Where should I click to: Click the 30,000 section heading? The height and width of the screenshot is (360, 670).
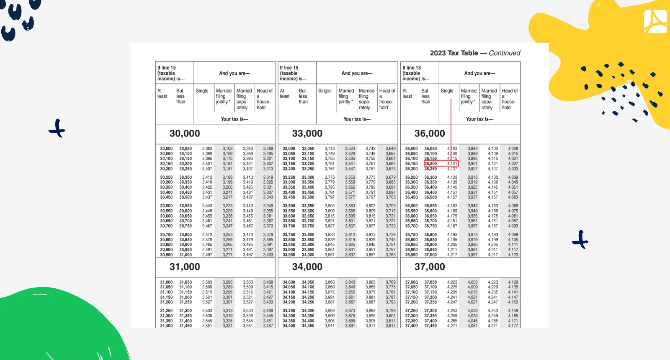pyautogui.click(x=185, y=134)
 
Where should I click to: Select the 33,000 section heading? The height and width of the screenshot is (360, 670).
pyautogui.click(x=307, y=134)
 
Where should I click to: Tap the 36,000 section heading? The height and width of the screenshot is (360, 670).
pyautogui.click(x=430, y=134)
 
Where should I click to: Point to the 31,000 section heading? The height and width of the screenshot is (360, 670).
pyautogui.click(x=185, y=267)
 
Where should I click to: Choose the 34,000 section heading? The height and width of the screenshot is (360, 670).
pyautogui.click(x=307, y=267)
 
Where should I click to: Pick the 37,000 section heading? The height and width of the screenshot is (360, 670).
pyautogui.click(x=430, y=267)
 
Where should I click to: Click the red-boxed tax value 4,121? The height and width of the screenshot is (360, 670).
pyautogui.click(x=452, y=164)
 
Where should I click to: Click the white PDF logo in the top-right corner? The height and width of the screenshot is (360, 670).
pyautogui.click(x=655, y=21)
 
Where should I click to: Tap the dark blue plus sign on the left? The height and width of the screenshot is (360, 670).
pyautogui.click(x=57, y=129)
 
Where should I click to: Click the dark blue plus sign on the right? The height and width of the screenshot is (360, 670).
pyautogui.click(x=580, y=239)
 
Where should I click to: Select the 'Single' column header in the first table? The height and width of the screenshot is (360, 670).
pyautogui.click(x=202, y=91)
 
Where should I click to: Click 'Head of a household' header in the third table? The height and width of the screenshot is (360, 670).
pyautogui.click(x=509, y=99)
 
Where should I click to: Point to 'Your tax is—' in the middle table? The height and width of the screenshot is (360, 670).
pyautogui.click(x=357, y=119)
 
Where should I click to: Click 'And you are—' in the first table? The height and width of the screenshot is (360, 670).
pyautogui.click(x=234, y=73)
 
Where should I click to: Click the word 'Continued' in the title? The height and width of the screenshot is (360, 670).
pyautogui.click(x=504, y=53)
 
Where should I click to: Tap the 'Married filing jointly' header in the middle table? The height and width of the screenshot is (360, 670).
pyautogui.click(x=346, y=96)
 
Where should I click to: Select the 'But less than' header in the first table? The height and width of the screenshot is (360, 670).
pyautogui.click(x=180, y=96)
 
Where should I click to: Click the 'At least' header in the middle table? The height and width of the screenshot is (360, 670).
pyautogui.click(x=284, y=93)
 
